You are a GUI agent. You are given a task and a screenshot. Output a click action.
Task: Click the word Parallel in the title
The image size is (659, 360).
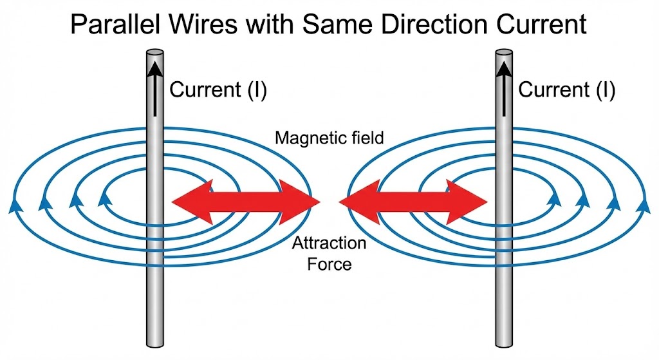coord(115,24)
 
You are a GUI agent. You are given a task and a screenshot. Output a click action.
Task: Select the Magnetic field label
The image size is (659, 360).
coord(329,138)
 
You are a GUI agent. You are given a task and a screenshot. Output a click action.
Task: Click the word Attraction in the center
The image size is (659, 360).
coord(329,243)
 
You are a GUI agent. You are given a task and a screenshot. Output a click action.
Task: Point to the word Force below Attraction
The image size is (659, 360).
coord(329,263)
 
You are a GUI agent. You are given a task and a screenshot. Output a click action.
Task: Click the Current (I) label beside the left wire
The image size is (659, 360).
coord(218,90)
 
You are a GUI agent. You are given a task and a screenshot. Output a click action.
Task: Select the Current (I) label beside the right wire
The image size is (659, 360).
coord(566,90)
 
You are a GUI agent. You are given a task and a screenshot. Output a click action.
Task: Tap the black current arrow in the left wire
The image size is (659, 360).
coord(155,89)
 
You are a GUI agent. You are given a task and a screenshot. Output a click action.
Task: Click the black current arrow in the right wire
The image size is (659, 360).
coord(504,89)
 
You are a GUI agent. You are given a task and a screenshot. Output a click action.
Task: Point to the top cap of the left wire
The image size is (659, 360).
coord(154,53)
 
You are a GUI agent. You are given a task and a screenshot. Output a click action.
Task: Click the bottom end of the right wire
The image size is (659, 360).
coord(504,344)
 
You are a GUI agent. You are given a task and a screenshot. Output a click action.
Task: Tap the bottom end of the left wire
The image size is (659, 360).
coord(154,344)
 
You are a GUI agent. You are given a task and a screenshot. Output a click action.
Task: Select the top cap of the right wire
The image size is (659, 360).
coord(504,53)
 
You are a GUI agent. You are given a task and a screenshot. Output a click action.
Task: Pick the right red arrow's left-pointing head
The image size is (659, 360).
coord(359,202)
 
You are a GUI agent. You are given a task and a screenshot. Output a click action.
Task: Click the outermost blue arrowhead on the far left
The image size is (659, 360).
coord(15,206)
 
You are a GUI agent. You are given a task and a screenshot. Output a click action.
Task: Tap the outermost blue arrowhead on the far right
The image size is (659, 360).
coord(644,206)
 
